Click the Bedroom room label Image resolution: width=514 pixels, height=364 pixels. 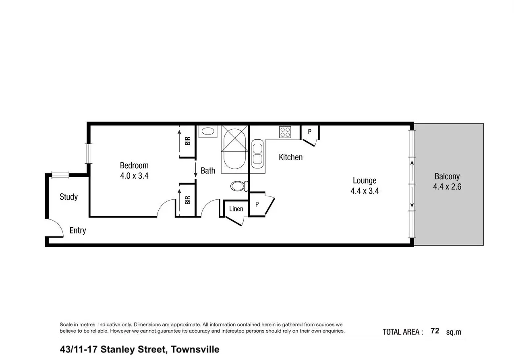[x=134, y=165]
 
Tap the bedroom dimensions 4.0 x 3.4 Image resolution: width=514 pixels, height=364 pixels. [x=134, y=176]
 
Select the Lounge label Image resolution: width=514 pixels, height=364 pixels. [x=365, y=180]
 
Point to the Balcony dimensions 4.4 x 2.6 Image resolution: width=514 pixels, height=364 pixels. [x=447, y=187]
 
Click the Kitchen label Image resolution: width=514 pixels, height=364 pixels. [x=290, y=157]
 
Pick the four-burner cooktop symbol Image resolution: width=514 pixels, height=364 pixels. [x=285, y=132]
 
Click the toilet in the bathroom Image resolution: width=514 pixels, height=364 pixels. [x=238, y=186]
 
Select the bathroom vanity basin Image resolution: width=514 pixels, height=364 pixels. [x=208, y=131]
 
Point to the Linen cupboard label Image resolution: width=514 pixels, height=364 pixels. [x=236, y=209]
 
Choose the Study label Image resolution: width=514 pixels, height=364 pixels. [x=68, y=197]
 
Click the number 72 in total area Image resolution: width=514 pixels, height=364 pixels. [x=435, y=331]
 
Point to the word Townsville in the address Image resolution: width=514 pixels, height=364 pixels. [x=195, y=350]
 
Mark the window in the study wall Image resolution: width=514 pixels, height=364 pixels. [x=60, y=175]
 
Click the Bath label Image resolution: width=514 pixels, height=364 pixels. [x=208, y=171]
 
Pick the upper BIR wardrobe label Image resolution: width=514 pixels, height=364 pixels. [x=187, y=141]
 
